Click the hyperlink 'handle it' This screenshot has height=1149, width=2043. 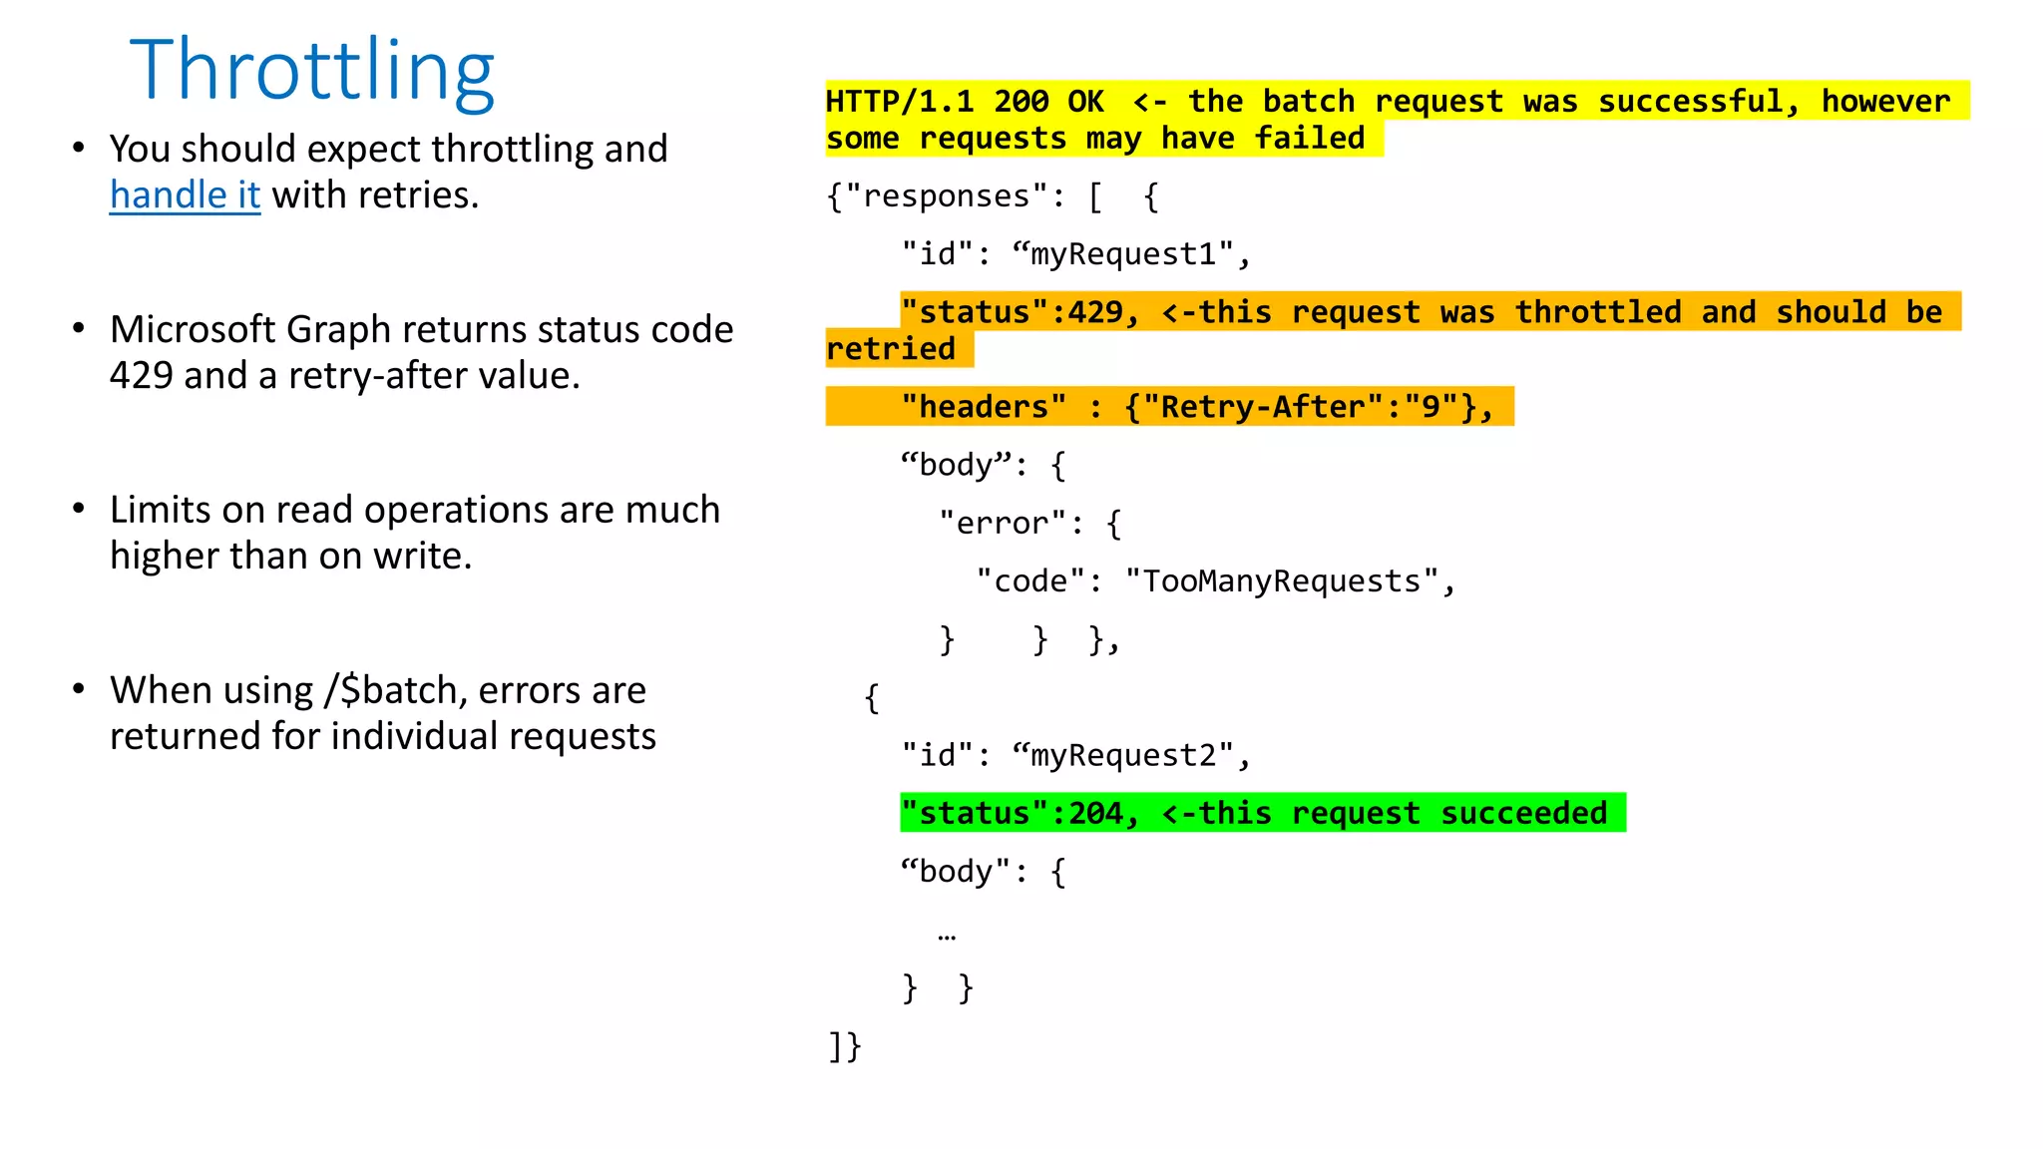(185, 195)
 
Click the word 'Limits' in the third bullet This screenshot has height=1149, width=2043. (160, 510)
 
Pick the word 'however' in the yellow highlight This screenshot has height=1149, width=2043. (1884, 102)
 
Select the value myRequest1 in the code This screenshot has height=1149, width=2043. (1122, 254)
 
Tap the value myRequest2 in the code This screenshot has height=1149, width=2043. (1122, 756)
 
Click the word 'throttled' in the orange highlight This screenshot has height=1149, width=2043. (1597, 312)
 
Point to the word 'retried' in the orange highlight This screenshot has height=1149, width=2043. (890, 349)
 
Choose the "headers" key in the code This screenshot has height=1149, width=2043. (983, 407)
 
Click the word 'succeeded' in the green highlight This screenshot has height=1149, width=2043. (1523, 814)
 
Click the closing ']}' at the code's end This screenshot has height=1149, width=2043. (844, 1046)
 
